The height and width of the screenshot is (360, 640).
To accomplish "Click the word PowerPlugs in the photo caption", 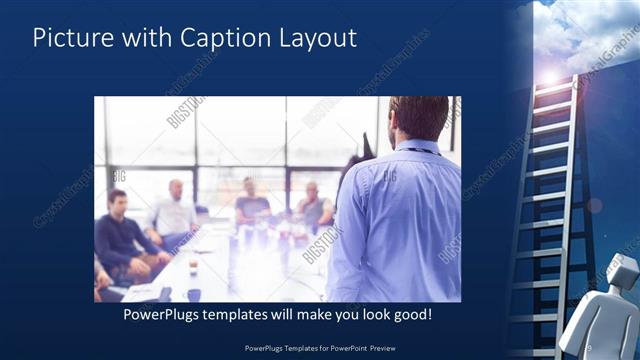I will [x=166, y=314].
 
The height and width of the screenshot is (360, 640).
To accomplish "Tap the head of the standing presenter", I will [x=419, y=118].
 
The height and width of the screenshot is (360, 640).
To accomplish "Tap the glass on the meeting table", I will [x=193, y=265].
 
